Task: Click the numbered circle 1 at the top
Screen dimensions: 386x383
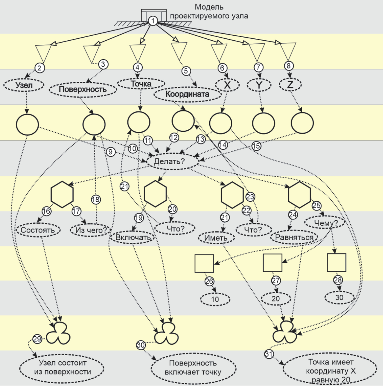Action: pos(153,21)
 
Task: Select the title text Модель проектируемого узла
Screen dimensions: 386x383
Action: pos(209,12)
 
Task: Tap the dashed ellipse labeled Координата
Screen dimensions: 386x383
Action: pos(188,94)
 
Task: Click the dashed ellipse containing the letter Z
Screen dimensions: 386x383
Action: pos(290,84)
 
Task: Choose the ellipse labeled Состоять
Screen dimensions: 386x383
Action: pos(38,230)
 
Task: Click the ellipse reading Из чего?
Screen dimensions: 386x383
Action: pos(90,230)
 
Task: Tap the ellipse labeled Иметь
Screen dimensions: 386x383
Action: pos(216,238)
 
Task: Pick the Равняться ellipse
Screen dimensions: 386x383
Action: pos(294,237)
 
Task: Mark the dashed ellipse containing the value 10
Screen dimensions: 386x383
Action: pos(215,299)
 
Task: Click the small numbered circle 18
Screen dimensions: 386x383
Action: pos(96,199)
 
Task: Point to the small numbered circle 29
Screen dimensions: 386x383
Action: pos(37,339)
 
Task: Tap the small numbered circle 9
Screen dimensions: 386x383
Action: pos(110,152)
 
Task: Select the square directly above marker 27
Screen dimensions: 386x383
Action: pos(272,263)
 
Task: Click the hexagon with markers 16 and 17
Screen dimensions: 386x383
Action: pos(62,194)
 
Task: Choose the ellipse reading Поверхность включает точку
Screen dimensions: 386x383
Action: pos(193,368)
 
